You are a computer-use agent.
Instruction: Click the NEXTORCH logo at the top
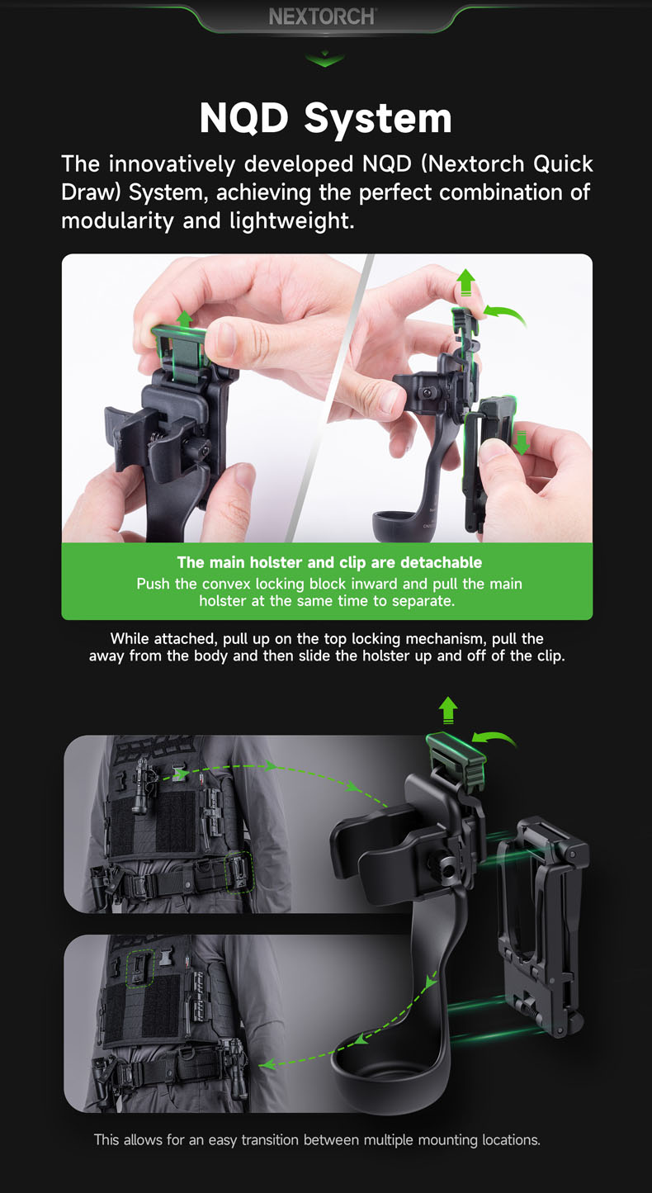pyautogui.click(x=323, y=17)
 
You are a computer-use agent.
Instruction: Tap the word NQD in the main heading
pyautogui.click(x=245, y=118)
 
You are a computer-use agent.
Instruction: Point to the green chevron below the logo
pyautogui.click(x=324, y=59)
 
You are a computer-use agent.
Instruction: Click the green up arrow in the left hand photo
pyautogui.click(x=184, y=319)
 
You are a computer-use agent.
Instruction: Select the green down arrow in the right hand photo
pyautogui.click(x=521, y=443)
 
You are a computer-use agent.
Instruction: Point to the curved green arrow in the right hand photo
pyautogui.click(x=504, y=313)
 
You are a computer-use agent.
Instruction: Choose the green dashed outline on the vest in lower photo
pyautogui.click(x=139, y=967)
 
